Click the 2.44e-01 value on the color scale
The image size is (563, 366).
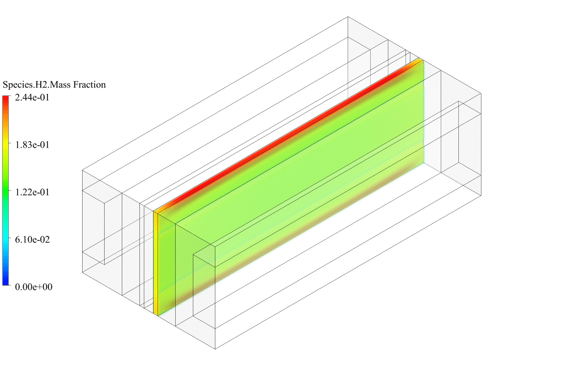(32, 98)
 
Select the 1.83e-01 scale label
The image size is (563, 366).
(32, 145)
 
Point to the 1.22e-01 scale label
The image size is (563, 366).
(32, 192)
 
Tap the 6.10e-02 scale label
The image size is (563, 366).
(32, 240)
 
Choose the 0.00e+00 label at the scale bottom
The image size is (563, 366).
(34, 287)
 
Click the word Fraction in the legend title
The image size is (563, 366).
(89, 85)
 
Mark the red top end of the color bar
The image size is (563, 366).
(6, 99)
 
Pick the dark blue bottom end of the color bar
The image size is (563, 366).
(6, 282)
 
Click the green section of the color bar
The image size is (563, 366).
(6, 190)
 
